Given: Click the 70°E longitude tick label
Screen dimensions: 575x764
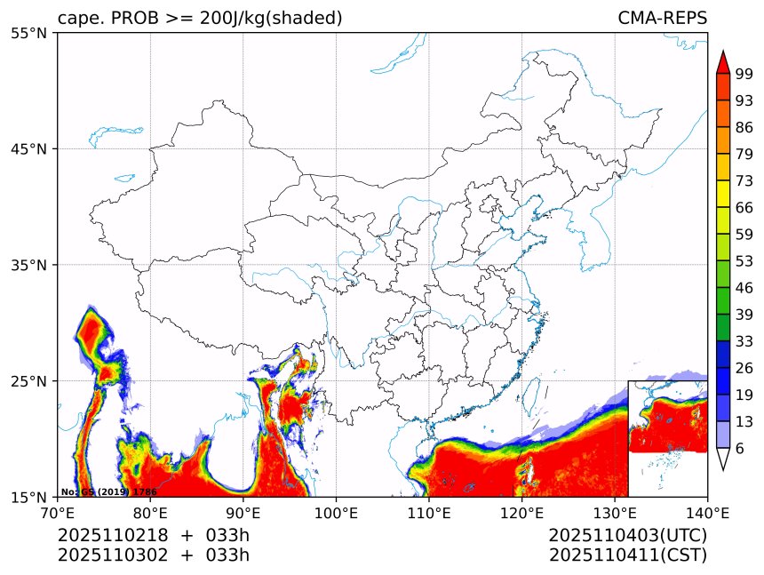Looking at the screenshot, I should click(x=58, y=512).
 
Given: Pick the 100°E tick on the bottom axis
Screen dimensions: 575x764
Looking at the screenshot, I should click(x=336, y=512).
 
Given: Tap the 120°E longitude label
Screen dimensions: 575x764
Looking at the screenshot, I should click(x=521, y=512).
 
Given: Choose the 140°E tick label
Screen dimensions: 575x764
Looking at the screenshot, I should click(x=707, y=512).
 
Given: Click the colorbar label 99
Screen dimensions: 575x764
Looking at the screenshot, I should click(x=744, y=75).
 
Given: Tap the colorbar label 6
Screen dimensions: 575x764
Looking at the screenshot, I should click(x=740, y=449).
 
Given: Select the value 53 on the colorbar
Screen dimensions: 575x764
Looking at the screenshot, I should click(x=744, y=261).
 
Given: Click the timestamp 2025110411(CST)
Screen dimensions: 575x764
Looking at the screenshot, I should click(x=627, y=555).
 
